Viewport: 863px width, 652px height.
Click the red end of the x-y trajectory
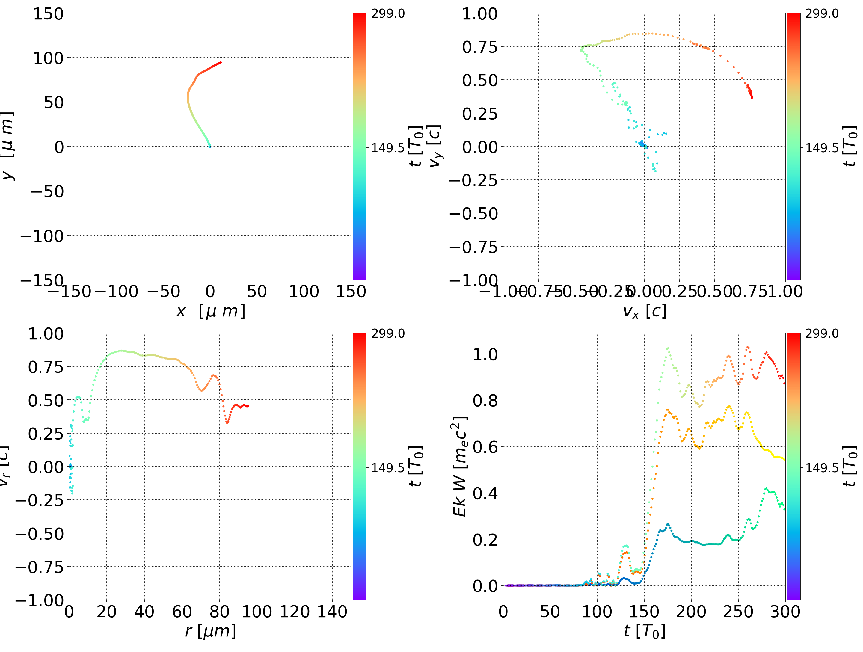tap(221, 62)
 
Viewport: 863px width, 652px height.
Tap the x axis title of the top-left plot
tap(211, 311)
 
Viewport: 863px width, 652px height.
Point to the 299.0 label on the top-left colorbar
tap(388, 14)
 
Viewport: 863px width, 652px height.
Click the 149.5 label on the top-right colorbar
tap(822, 148)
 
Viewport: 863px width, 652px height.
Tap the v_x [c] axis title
tap(644, 311)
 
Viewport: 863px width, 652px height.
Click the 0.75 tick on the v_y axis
tap(480, 47)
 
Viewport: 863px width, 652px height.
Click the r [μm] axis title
tap(211, 631)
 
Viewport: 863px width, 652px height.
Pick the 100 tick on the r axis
tap(257, 612)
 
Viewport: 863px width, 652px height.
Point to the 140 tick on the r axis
tap(332, 612)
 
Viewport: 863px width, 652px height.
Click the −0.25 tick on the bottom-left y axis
tap(39, 500)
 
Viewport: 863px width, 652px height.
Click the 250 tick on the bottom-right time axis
tap(738, 612)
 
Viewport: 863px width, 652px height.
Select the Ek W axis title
tap(460, 466)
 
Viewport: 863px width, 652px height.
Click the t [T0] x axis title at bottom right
tap(644, 631)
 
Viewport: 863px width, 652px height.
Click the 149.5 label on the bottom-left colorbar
tap(388, 467)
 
